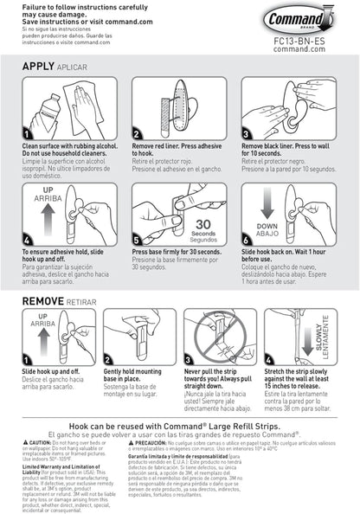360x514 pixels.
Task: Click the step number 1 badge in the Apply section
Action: tap(26, 135)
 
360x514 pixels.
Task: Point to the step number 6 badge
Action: tap(247, 239)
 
